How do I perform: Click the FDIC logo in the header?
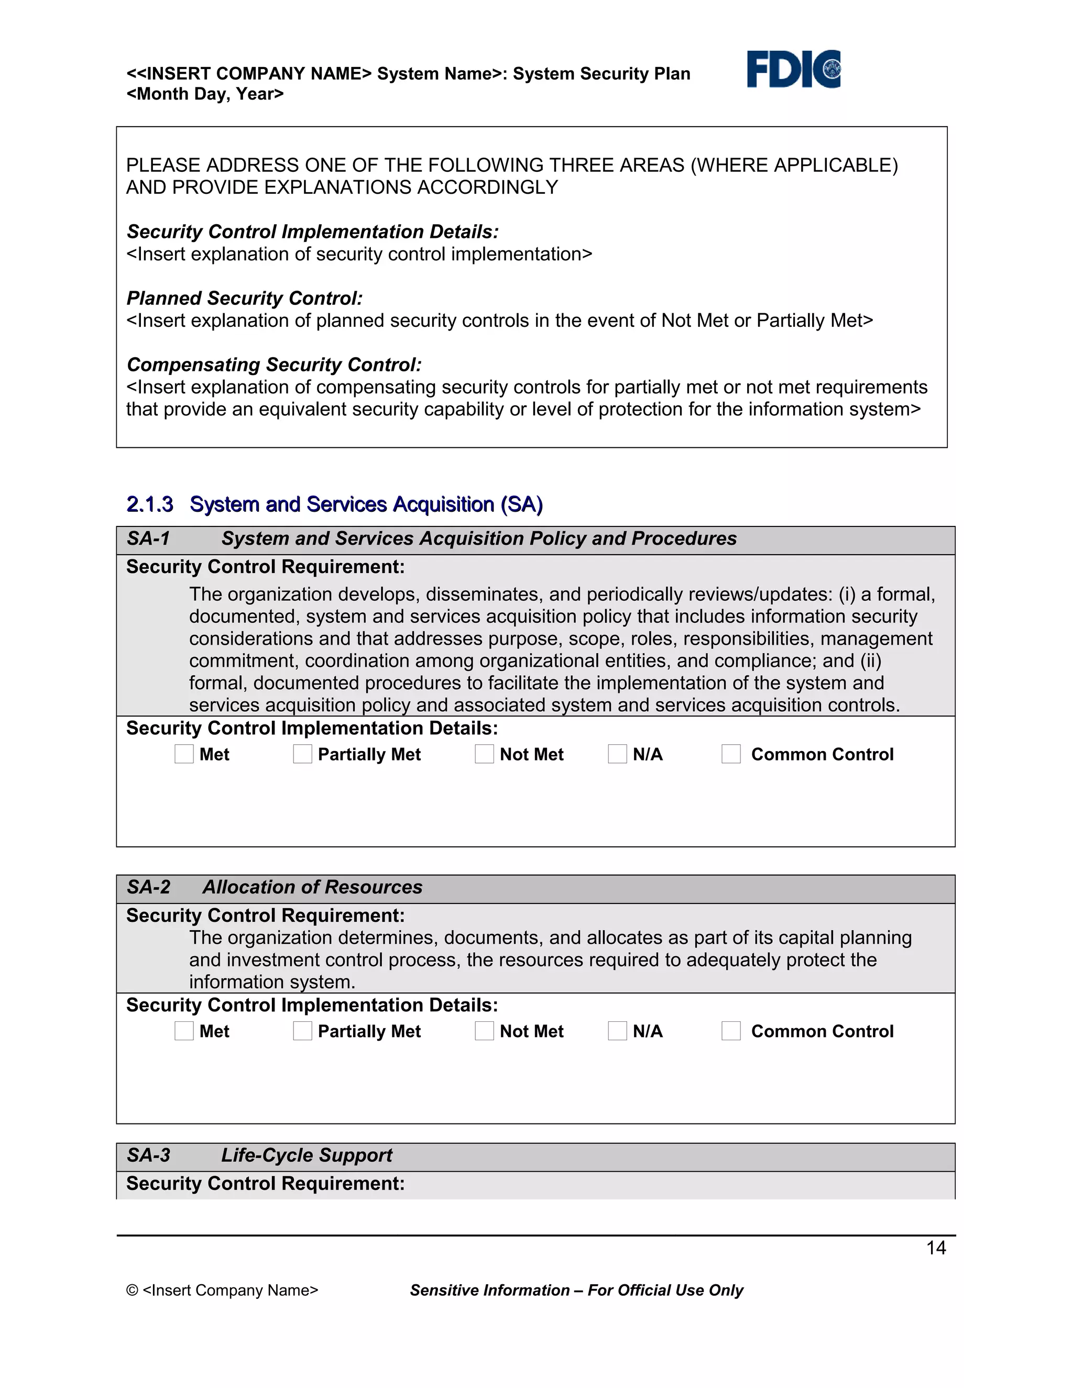click(x=793, y=69)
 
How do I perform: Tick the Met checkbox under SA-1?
click(x=184, y=754)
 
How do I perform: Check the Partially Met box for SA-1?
click(x=303, y=754)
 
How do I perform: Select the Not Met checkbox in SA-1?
click(x=485, y=754)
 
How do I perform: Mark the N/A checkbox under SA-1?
click(x=617, y=754)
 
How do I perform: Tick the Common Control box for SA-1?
click(x=731, y=754)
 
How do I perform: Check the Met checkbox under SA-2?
click(x=184, y=1031)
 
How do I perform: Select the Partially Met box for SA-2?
click(x=303, y=1031)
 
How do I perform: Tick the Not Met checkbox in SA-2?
click(x=485, y=1031)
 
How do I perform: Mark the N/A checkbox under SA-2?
click(x=617, y=1031)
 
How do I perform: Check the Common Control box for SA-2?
click(x=731, y=1031)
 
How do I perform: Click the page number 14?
click(x=936, y=1248)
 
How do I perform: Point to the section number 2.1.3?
click(x=149, y=504)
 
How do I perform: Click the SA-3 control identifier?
click(x=148, y=1155)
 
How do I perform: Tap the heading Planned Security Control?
click(x=245, y=298)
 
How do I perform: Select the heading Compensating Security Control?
click(x=274, y=365)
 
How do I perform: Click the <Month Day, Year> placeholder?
click(x=205, y=94)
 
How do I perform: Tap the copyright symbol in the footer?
click(x=132, y=1290)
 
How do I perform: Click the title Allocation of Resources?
click(x=312, y=887)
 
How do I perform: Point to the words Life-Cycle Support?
click(x=306, y=1155)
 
